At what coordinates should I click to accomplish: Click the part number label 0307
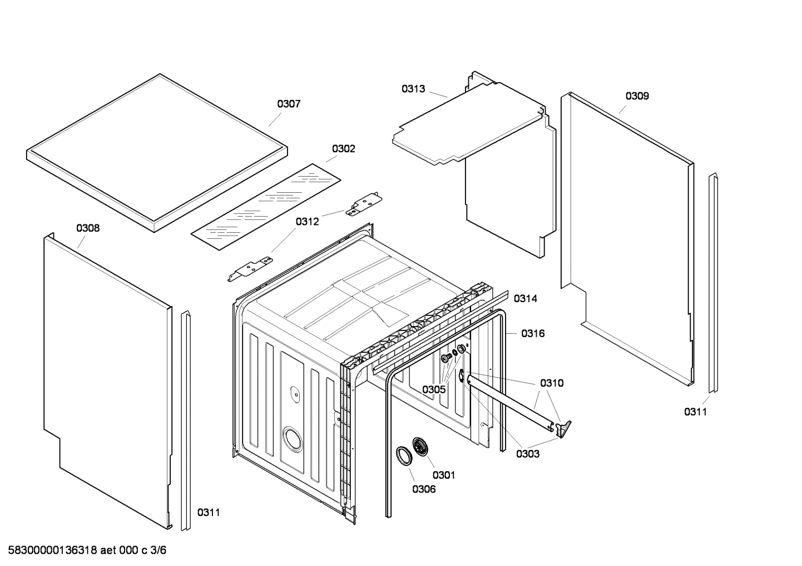point(289,104)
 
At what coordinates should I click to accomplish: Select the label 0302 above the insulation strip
point(343,149)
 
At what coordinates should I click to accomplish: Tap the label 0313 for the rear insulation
point(413,89)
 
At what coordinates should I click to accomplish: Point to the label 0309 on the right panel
point(637,96)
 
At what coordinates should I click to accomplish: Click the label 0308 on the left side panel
point(88,228)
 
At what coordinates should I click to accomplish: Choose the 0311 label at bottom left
point(209,512)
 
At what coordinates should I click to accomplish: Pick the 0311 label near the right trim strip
point(695,412)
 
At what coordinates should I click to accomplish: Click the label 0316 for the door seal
point(533,333)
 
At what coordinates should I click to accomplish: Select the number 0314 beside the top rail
point(525,299)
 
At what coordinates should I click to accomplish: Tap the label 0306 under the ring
point(424,489)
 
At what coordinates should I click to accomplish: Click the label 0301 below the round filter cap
point(444,474)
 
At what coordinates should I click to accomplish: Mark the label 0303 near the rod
point(527,454)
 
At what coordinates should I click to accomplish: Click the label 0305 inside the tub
point(434,389)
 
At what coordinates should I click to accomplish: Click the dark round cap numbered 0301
point(422,447)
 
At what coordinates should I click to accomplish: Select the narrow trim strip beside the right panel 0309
point(713,283)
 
